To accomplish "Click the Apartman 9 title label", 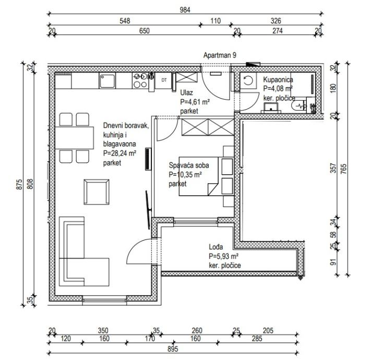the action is pos(220,55).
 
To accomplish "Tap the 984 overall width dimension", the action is pos(185,10).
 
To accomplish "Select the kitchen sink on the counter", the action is pos(107,81).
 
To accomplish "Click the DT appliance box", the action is pos(164,80).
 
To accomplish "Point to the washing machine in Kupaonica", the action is pos(248,81).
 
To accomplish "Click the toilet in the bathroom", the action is pos(300,106).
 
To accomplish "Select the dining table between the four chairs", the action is pos(74,138).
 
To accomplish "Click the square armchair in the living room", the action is pos(97,192).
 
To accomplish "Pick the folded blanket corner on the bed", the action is pos(213,189).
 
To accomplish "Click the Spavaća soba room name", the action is pos(189,165).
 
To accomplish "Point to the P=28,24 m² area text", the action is pos(119,153).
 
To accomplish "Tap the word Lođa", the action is pos(216,247).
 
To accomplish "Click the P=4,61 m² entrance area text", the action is pos(195,102).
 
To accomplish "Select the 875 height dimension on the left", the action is pos(19,185).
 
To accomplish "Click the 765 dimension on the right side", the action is pos(343,169).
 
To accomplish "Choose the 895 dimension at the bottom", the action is pos(173,349).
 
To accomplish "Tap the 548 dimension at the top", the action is pos(125,21).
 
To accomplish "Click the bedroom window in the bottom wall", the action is pos(196,222).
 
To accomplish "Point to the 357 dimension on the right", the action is pos(333,168).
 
